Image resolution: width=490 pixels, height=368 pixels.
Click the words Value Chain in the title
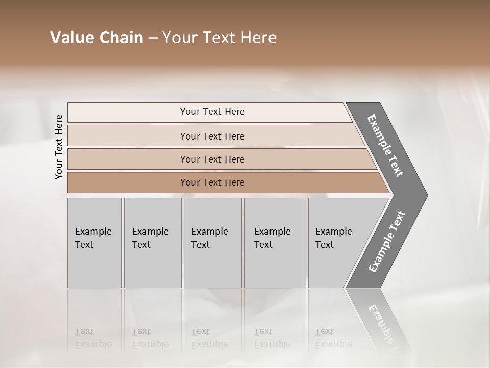point(96,38)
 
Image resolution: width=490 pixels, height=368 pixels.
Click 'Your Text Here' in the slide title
point(219,38)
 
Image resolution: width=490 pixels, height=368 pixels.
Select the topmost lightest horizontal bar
point(209,112)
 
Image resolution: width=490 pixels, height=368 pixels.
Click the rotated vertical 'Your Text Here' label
point(59,147)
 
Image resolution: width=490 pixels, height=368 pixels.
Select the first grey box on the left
point(94,243)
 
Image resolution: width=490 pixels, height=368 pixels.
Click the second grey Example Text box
point(152,243)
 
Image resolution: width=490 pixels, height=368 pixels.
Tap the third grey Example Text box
point(212,243)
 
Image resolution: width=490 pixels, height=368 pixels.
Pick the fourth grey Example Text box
point(275,243)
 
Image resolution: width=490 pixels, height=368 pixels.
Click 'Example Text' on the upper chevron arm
point(385,146)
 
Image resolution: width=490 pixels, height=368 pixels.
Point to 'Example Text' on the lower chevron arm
point(387,242)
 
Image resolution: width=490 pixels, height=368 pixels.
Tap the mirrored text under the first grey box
point(93,338)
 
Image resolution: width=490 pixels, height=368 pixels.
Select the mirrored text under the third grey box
point(209,338)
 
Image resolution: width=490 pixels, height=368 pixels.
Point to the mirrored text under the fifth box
point(333,338)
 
